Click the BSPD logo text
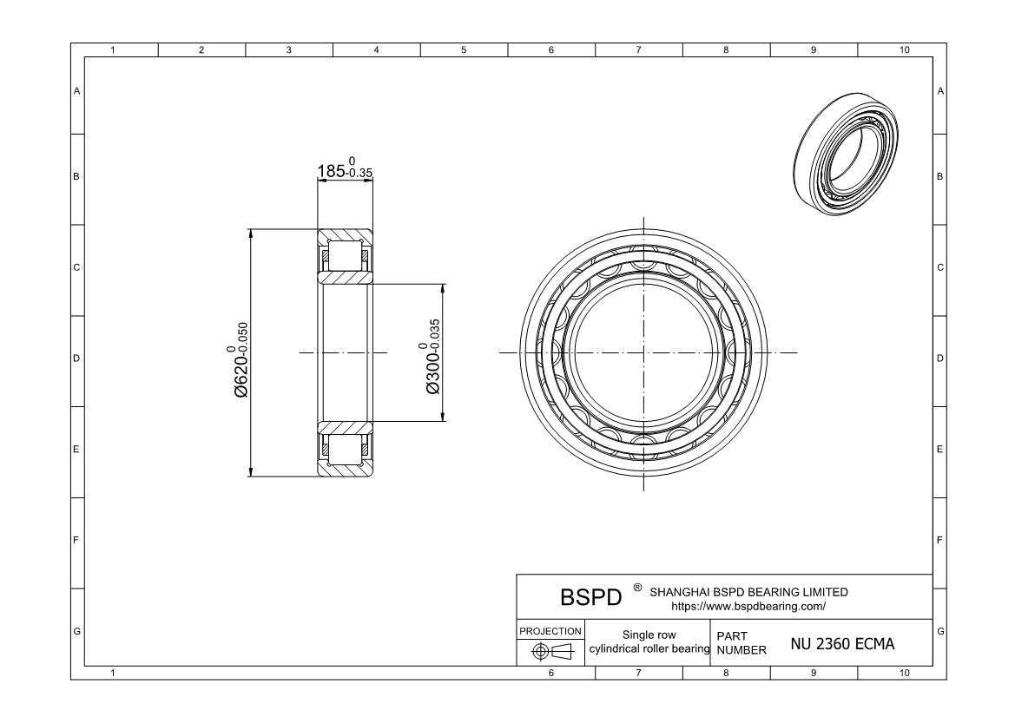(590, 597)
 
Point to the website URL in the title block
(748, 607)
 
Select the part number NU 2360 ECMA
(842, 644)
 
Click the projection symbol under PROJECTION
(551, 651)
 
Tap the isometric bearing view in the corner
(846, 154)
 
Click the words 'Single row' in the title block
(649, 635)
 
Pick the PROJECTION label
(550, 631)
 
